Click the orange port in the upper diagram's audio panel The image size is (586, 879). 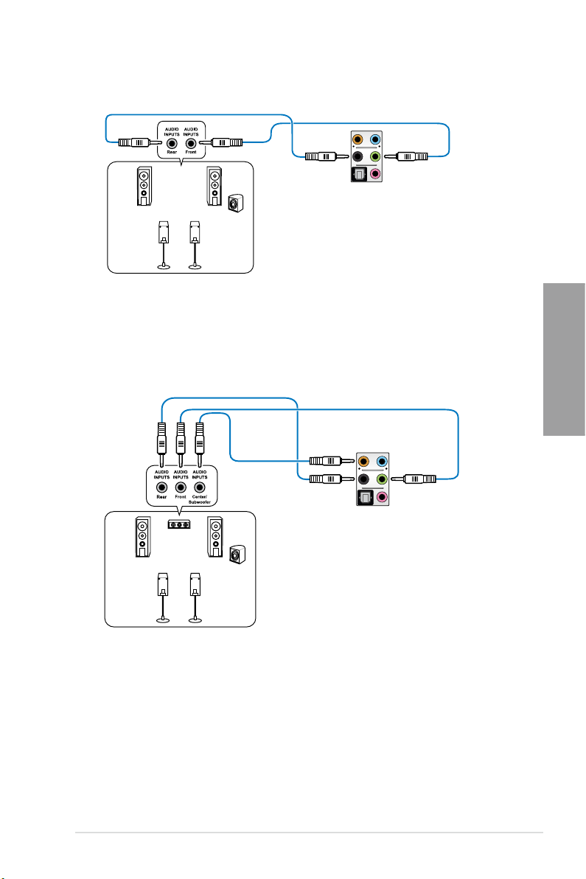point(357,139)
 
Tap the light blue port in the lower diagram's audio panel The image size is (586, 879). point(382,462)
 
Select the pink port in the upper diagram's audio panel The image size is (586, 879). point(374,174)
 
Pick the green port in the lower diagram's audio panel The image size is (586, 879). point(382,479)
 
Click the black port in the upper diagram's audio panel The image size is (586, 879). point(357,156)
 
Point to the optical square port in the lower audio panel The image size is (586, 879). point(365,497)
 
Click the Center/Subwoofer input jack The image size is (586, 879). point(200,487)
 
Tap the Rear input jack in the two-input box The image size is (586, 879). point(172,143)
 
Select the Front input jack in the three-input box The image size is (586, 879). point(181,487)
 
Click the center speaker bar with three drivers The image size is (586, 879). point(179,525)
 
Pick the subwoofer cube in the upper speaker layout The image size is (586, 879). point(236,203)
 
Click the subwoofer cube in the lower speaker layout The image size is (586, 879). point(237,555)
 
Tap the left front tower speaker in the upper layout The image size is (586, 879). point(144,187)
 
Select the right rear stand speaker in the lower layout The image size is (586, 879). point(195,597)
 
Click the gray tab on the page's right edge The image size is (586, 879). point(564,359)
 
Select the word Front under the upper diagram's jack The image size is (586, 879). point(191,152)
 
